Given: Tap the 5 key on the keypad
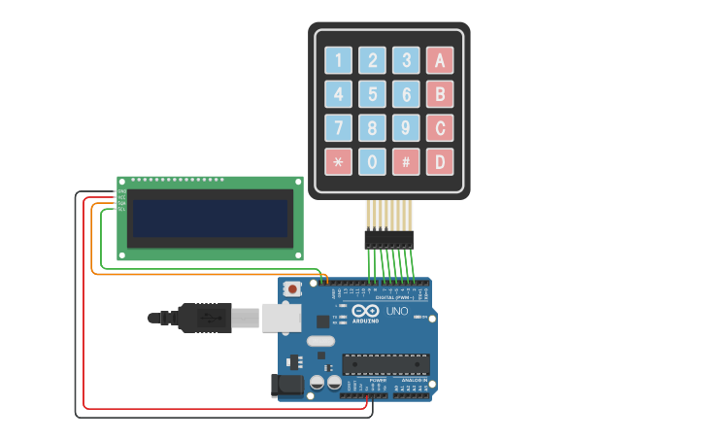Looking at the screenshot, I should pos(372,94).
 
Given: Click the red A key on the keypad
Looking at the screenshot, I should pos(440,60).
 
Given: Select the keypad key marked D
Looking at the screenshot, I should pos(440,161).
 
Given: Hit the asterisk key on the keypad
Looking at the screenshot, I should pos(338,161).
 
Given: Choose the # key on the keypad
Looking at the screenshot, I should pos(406,161).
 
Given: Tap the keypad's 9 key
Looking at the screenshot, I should pos(406,127).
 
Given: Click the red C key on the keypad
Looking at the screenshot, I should pos(440,127).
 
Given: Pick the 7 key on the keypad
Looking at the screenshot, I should pos(338,127).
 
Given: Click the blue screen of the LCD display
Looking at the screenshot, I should pos(211,218).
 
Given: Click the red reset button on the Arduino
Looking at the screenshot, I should pos(292,288).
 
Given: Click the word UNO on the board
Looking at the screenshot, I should pos(397,311).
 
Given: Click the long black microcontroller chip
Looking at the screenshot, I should pos(386,363).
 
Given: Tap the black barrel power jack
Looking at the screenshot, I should pos(287,386).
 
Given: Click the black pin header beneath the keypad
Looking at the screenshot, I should pos(388,238).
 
